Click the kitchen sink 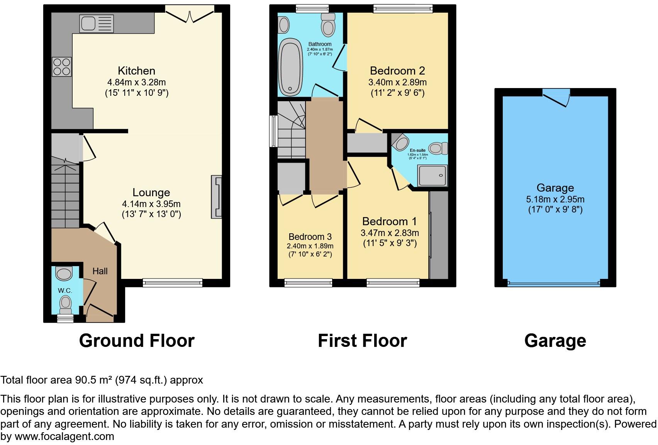coord(97,24)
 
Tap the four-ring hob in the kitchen coord(62,66)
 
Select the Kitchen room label coord(136,71)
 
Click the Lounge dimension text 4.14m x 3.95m coord(151,204)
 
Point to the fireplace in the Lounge coord(217,197)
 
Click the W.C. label coord(65,290)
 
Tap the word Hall coord(100,271)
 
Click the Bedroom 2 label coord(397,71)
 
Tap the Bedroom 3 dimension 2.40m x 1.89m coord(310,246)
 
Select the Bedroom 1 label coord(390,221)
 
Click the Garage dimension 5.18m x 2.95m coord(555,199)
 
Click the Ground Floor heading coord(137,341)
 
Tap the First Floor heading coord(362,341)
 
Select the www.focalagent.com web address coord(64,437)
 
